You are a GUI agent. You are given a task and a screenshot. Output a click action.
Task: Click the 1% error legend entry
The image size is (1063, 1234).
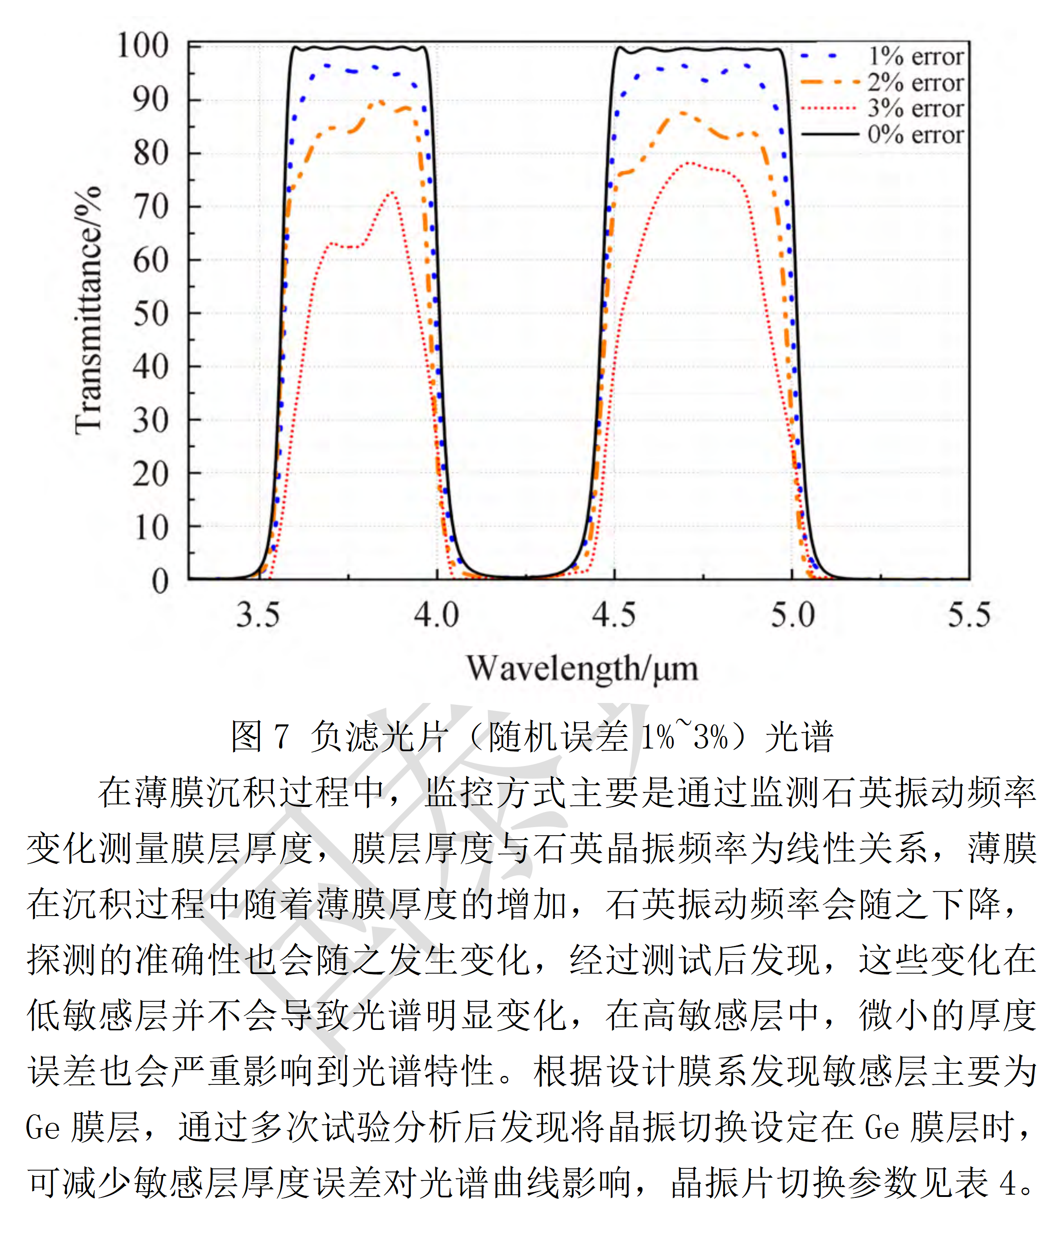[915, 57]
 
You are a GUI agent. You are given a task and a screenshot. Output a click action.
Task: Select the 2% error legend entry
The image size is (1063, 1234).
[915, 83]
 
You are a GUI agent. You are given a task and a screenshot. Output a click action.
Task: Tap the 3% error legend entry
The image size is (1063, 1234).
[915, 109]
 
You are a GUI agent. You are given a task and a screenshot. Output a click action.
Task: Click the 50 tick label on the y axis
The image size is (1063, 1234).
[150, 314]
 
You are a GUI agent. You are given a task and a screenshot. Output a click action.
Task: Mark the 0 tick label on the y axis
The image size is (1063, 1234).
[159, 580]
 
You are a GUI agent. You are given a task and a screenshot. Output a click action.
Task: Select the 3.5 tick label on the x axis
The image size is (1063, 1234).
[258, 615]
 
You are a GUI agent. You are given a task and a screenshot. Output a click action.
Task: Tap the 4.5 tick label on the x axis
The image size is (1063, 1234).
[613, 615]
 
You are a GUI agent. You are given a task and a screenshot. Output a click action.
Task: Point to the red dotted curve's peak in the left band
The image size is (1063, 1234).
[392, 192]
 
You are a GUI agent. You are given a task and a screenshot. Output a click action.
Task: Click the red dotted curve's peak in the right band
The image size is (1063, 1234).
[689, 162]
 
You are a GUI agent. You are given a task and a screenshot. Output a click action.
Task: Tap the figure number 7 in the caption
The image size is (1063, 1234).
[281, 737]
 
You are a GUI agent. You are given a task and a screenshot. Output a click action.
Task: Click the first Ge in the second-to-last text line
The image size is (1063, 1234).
[43, 1127]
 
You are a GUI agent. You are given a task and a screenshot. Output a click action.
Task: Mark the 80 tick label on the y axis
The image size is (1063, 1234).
[150, 154]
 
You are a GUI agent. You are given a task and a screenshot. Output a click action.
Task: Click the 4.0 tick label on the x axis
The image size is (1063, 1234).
[436, 615]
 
